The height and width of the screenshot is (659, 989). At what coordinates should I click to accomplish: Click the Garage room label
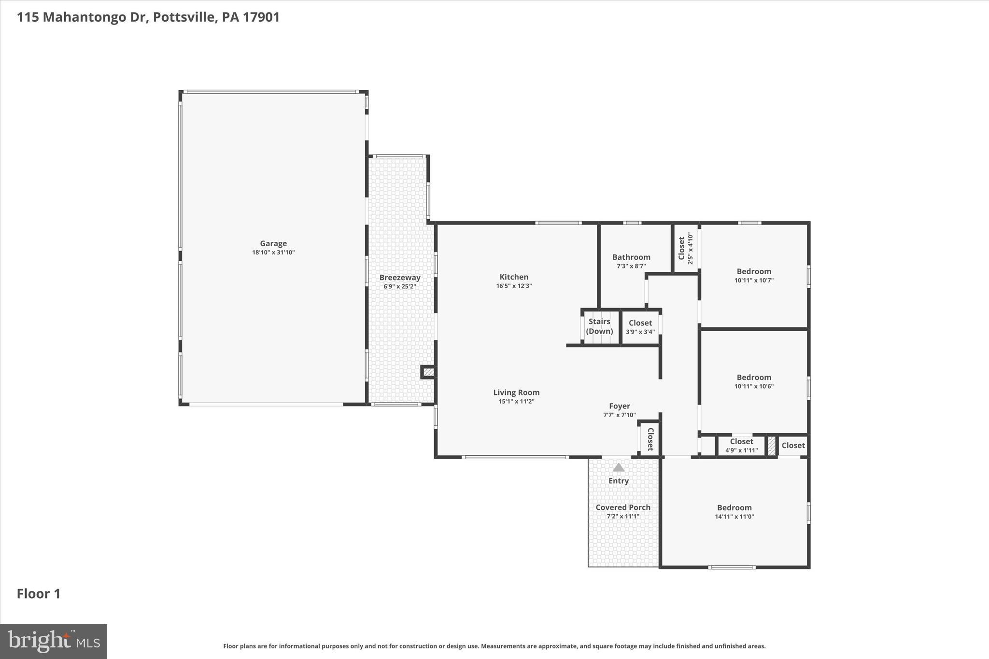(x=273, y=244)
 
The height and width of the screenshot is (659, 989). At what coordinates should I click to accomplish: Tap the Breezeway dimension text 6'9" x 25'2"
(x=400, y=286)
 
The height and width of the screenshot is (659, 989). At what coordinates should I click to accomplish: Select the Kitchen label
(x=514, y=277)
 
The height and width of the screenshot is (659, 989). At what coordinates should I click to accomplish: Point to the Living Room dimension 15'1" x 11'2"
(x=516, y=401)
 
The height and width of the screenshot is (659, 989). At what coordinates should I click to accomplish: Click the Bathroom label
(x=631, y=257)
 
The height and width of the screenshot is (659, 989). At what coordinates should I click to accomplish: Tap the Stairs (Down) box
(x=599, y=326)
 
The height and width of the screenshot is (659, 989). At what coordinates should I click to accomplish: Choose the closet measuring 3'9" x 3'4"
(x=640, y=327)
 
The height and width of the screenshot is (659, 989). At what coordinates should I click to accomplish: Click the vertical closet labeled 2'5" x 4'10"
(x=685, y=248)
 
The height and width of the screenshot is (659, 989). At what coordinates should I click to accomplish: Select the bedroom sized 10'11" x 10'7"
(x=754, y=275)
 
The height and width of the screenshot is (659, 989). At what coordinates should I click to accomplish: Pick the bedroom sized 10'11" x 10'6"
(x=754, y=381)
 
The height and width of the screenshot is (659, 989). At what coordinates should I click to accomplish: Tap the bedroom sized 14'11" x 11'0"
(x=734, y=512)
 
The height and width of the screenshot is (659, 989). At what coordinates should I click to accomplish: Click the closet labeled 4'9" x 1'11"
(x=741, y=446)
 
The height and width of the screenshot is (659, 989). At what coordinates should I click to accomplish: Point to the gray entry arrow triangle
(x=619, y=467)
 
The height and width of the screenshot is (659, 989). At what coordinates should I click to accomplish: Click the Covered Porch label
(x=623, y=507)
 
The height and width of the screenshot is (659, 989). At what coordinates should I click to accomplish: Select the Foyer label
(x=619, y=407)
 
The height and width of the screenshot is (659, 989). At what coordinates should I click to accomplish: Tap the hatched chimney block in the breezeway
(x=428, y=372)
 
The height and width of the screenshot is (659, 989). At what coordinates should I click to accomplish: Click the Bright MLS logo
(x=54, y=641)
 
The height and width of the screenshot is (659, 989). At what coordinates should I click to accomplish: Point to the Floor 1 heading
(x=39, y=594)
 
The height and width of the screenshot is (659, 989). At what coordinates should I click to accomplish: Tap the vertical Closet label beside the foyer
(x=650, y=439)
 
